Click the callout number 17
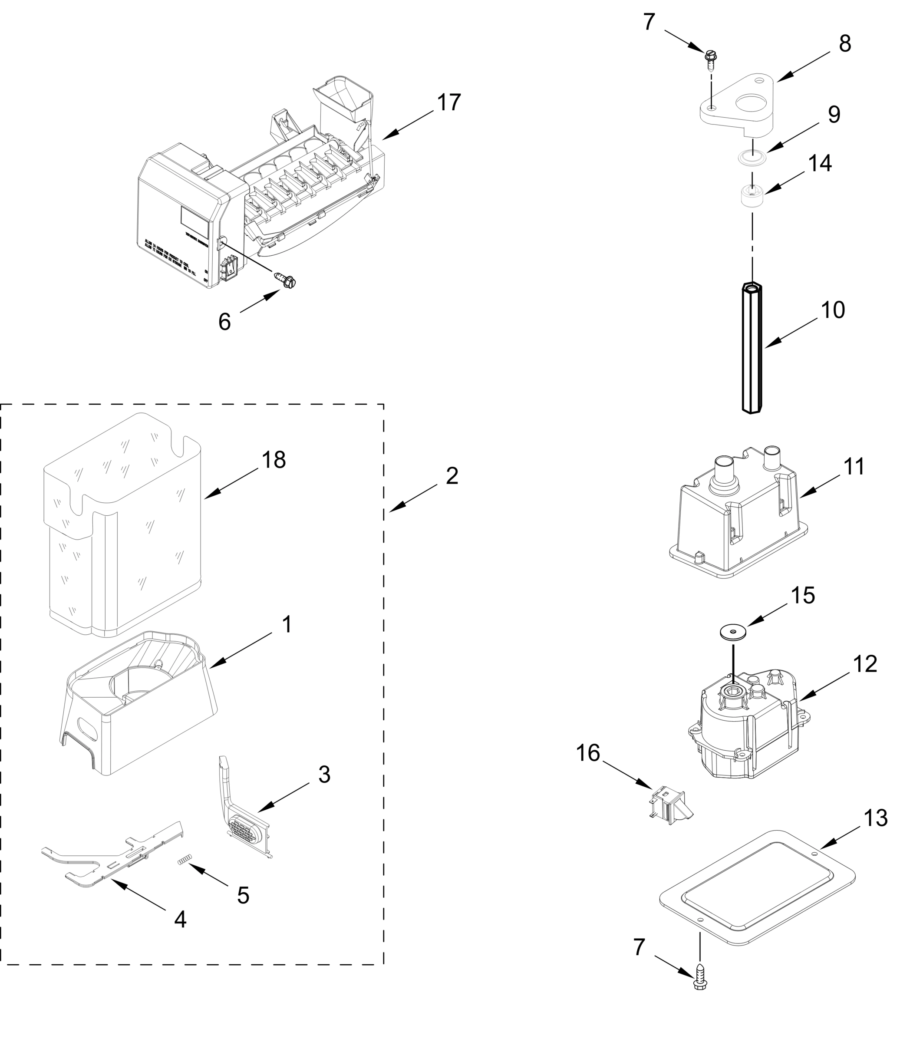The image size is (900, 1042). pyautogui.click(x=448, y=102)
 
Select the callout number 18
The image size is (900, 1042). pyautogui.click(x=274, y=460)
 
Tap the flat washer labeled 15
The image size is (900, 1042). pyautogui.click(x=732, y=632)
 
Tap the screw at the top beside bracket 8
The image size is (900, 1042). pyautogui.click(x=711, y=57)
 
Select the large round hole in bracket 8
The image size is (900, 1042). pyautogui.click(x=751, y=103)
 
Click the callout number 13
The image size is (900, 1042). pyautogui.click(x=875, y=819)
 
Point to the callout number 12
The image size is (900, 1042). pyautogui.click(x=865, y=664)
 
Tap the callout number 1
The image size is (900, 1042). pyautogui.click(x=287, y=625)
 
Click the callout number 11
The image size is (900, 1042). pyautogui.click(x=853, y=467)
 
